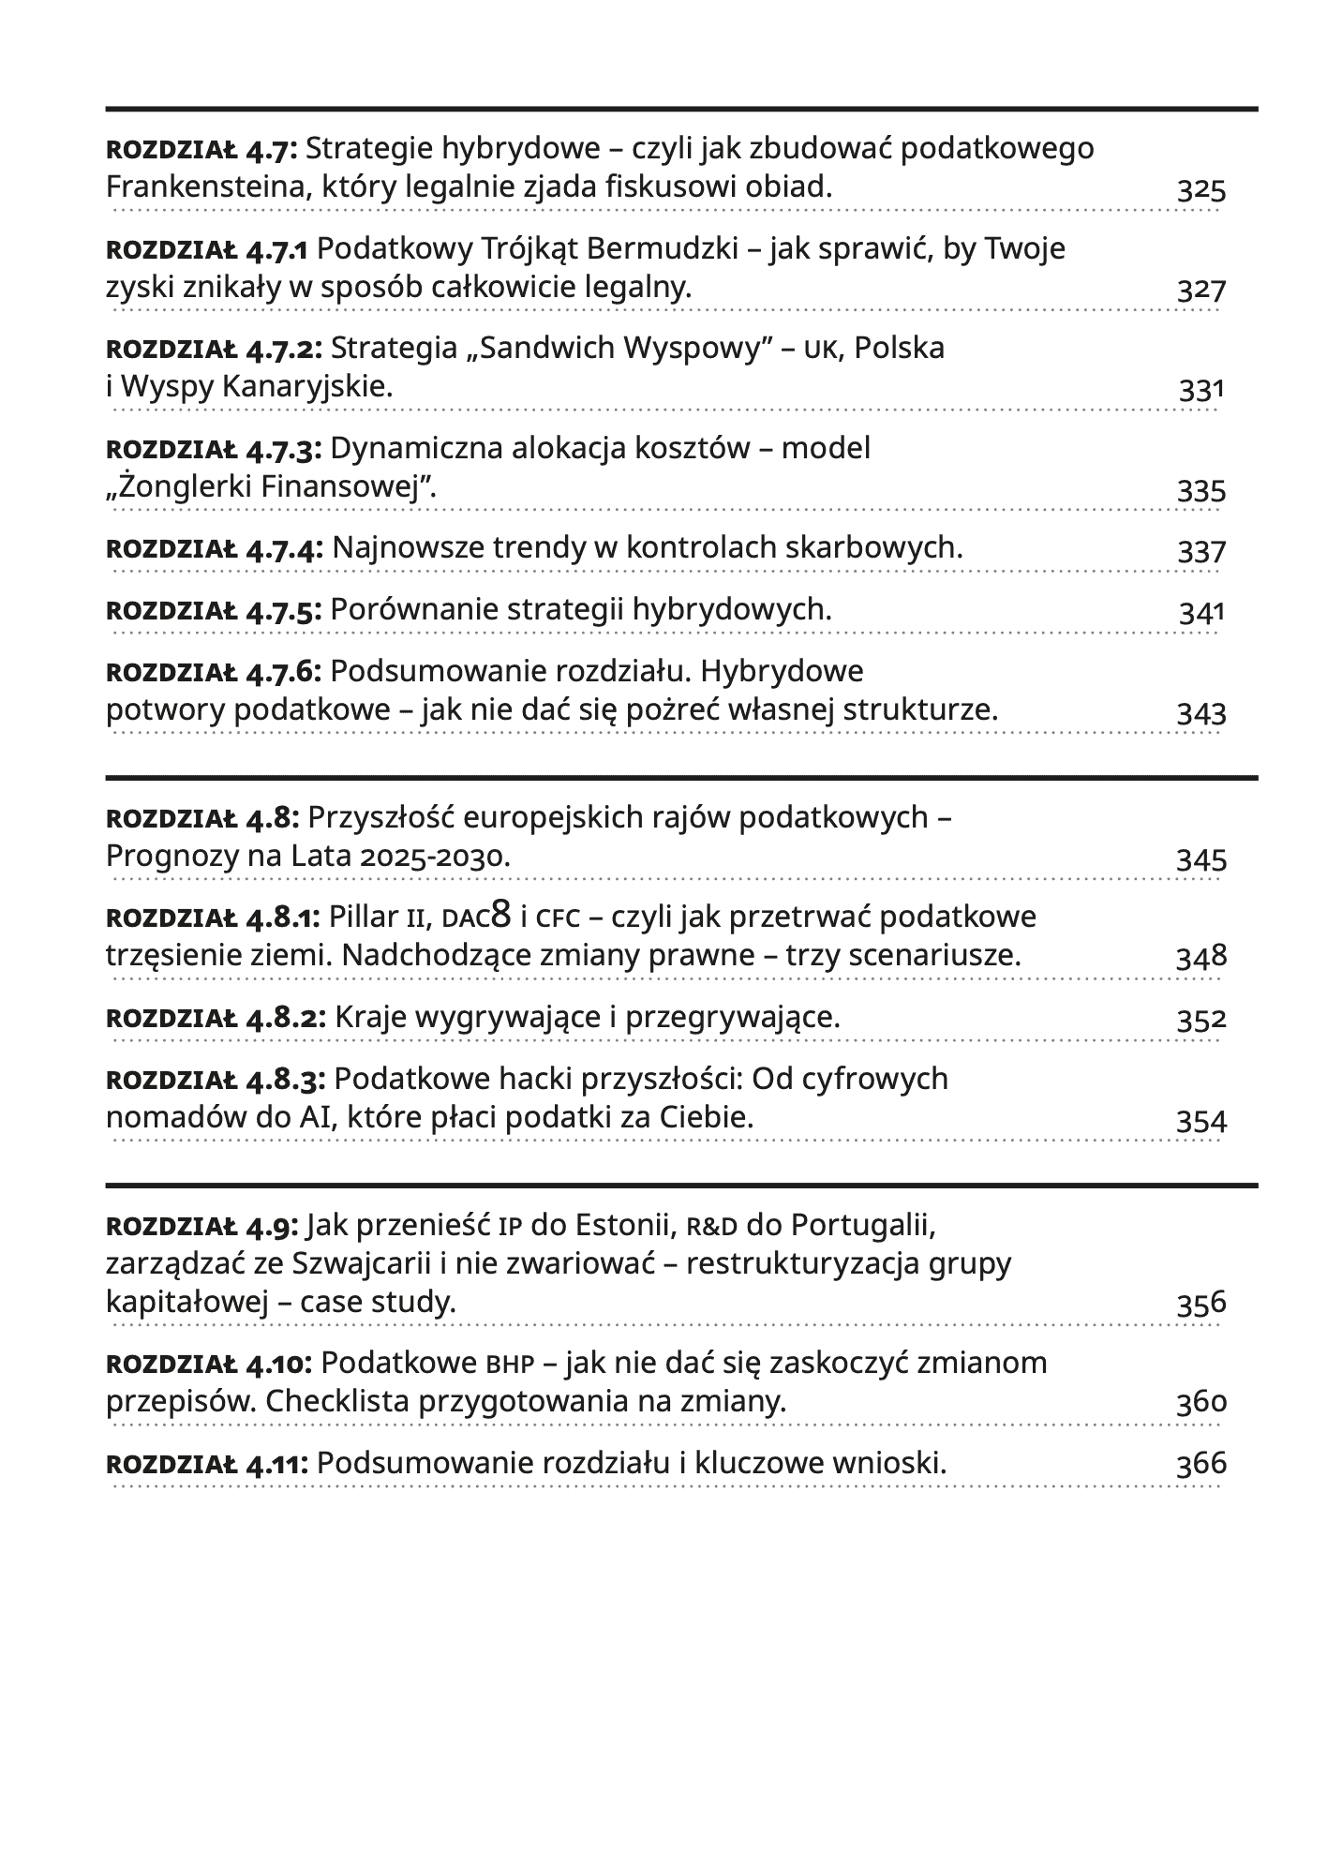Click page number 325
(x=1201, y=190)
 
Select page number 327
(x=1201, y=290)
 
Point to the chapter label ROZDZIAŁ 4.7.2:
(x=215, y=349)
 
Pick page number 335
(x=1201, y=490)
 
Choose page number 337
(x=1201, y=551)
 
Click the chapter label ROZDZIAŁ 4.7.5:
(x=215, y=611)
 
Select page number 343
(x=1201, y=713)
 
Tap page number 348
(x=1201, y=957)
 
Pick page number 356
(x=1201, y=1304)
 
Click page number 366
(x=1201, y=1464)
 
